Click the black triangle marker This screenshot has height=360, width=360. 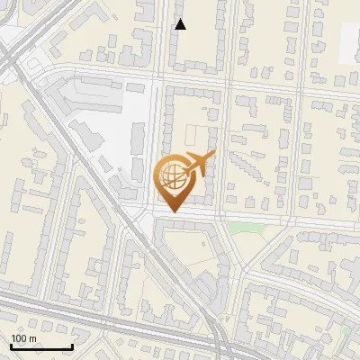coord(180,24)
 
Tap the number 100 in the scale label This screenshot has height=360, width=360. coord(18,338)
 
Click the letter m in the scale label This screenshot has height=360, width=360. coord(32,338)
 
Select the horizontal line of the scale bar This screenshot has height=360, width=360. coord(41,346)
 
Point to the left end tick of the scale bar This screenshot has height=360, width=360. coord(11,345)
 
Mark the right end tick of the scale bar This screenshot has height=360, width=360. coord(72,345)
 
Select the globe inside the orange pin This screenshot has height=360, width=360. coord(173,179)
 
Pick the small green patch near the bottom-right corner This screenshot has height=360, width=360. coord(348,332)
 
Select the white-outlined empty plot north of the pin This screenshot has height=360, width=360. coord(195,135)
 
